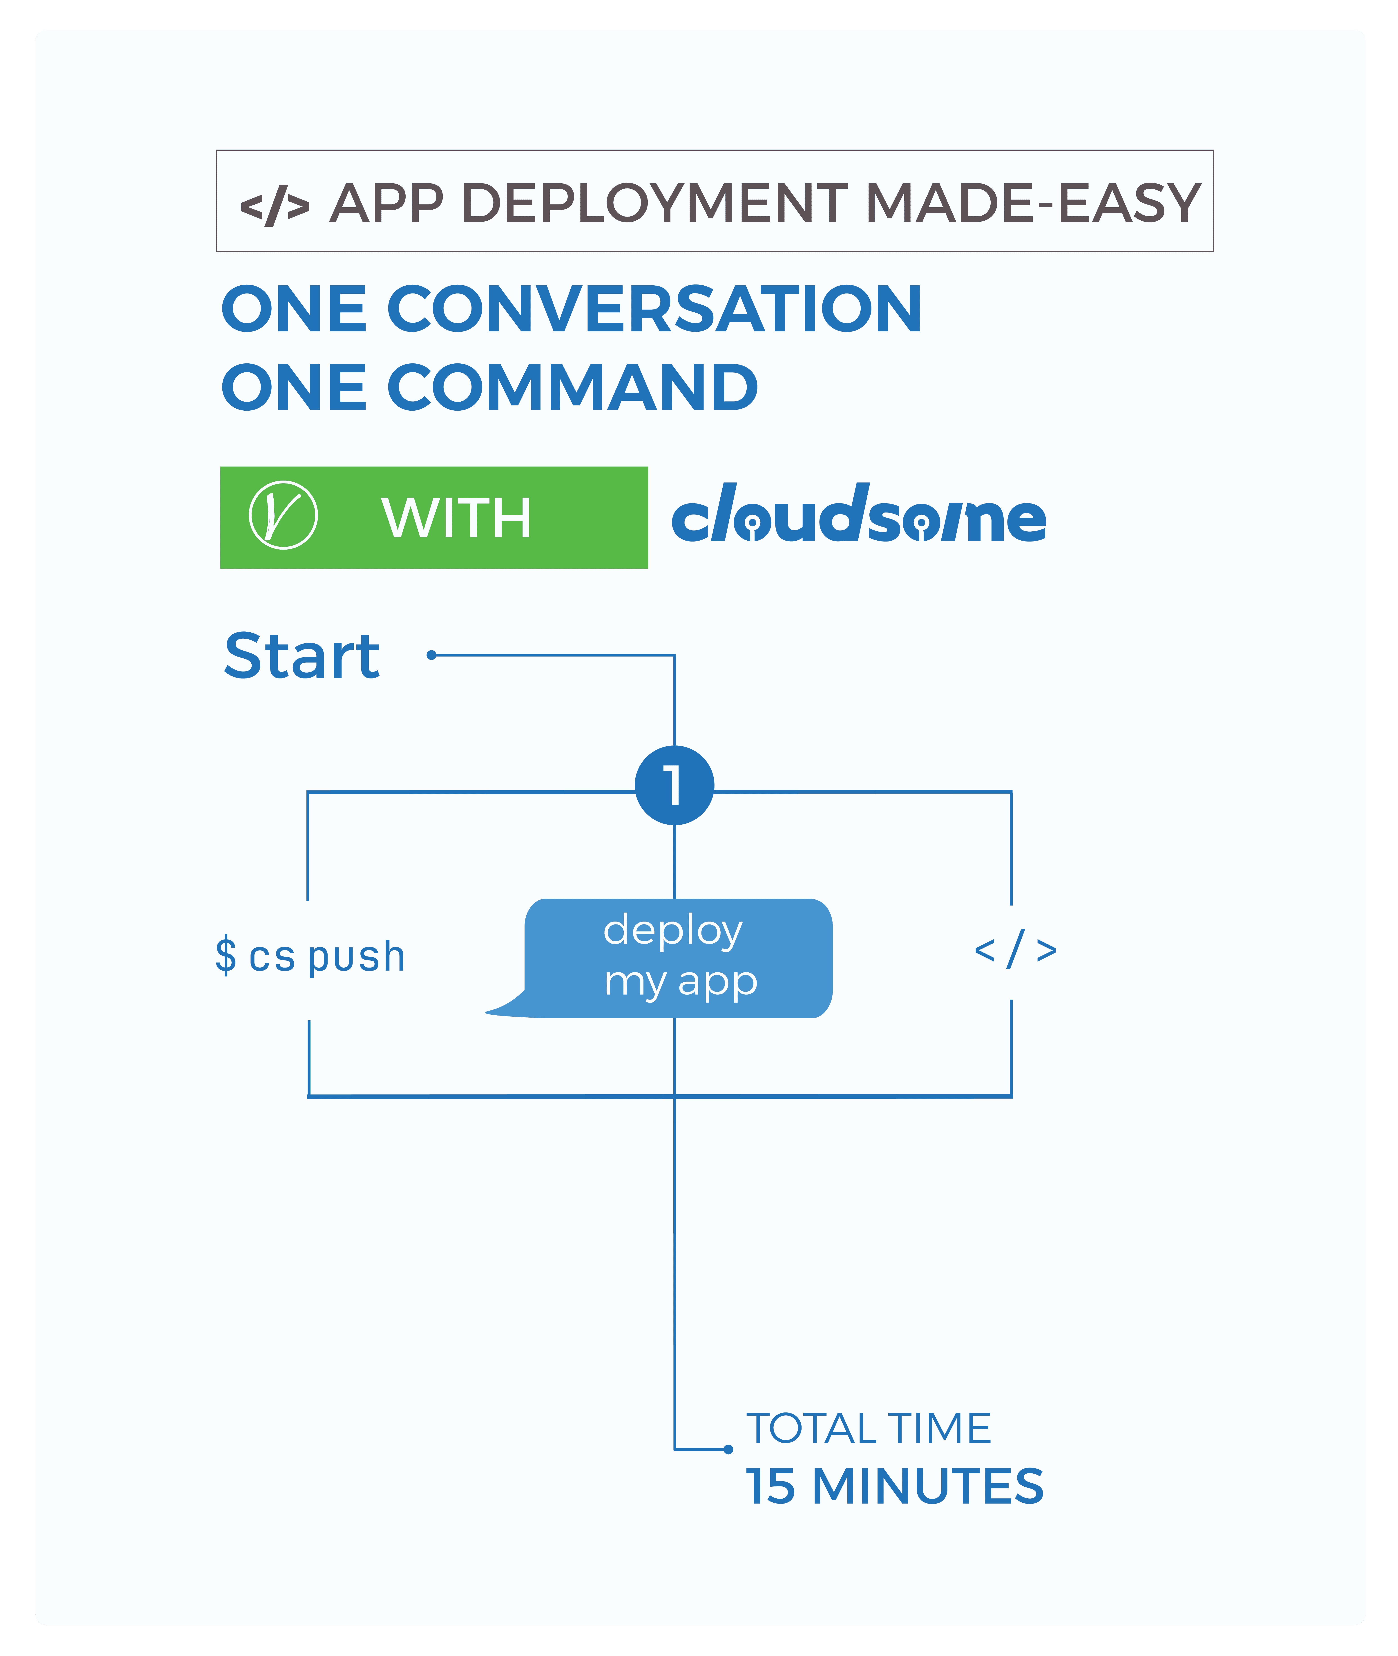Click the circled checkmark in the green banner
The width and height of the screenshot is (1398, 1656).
[283, 515]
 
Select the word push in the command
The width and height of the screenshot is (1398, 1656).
[357, 957]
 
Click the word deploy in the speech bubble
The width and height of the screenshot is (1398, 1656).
[673, 931]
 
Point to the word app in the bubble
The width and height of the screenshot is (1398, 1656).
[718, 983]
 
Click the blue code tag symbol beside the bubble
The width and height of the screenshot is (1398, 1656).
[1015, 949]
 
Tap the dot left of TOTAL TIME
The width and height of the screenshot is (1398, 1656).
[728, 1449]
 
